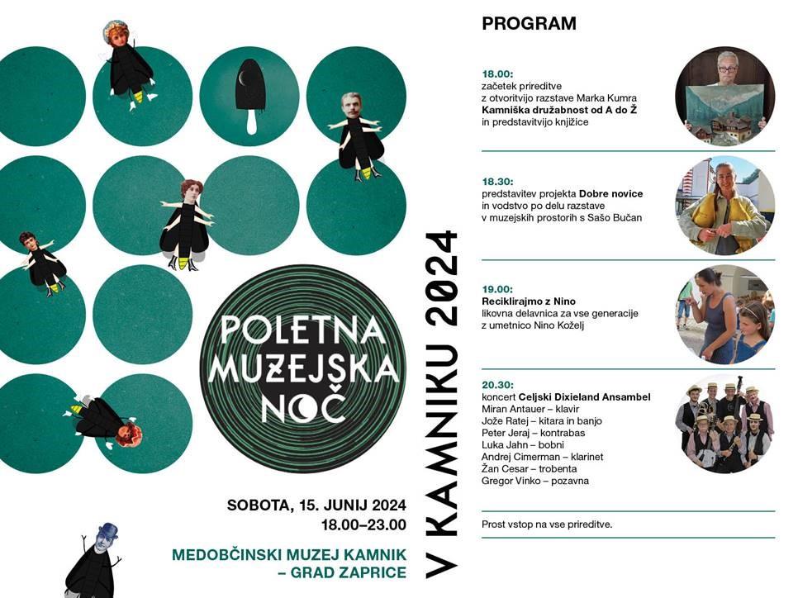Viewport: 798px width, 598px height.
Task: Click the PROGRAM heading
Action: point(529,24)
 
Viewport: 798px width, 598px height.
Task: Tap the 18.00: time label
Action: point(496,73)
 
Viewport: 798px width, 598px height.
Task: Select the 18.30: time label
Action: point(496,181)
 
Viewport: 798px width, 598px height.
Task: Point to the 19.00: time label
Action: point(496,289)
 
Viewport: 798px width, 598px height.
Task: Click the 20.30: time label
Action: point(496,385)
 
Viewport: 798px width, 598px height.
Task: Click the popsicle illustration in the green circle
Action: point(249,95)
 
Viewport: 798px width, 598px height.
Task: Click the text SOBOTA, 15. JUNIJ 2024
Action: point(316,505)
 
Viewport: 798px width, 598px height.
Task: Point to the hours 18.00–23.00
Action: point(363,524)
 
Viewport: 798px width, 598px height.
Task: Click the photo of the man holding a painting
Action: point(724,97)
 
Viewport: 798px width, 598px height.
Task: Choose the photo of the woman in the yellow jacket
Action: point(724,206)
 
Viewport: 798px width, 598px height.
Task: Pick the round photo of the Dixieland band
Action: point(724,423)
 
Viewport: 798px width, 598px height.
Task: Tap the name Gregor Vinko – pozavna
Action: point(535,481)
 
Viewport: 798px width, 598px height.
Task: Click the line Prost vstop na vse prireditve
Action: point(547,524)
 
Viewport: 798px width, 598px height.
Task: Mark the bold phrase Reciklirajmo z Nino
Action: point(528,301)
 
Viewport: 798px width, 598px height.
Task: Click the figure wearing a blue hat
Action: point(95,562)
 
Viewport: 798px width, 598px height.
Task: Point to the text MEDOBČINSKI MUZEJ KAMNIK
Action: point(288,554)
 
